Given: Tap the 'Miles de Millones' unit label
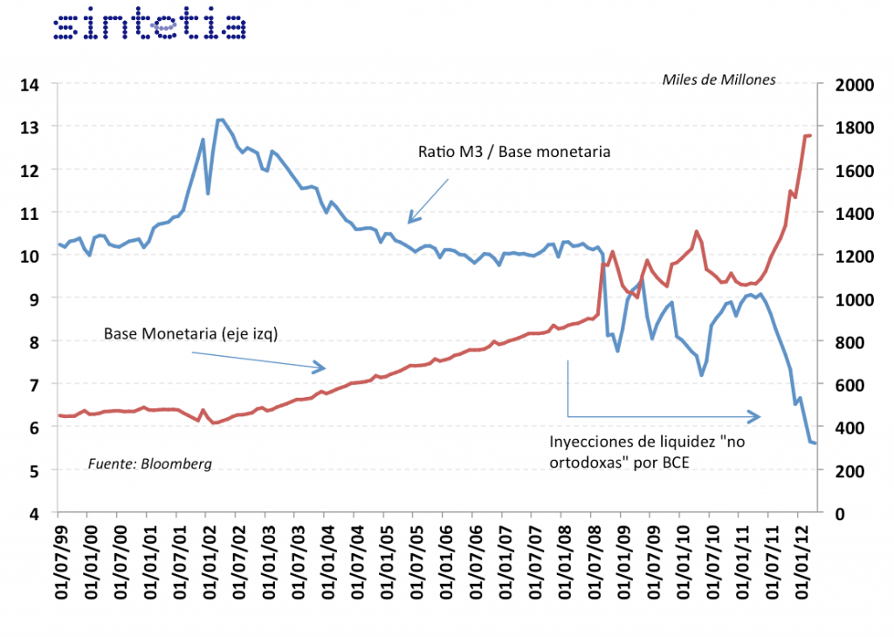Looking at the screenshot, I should [x=719, y=80].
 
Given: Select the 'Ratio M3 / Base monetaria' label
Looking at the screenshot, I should [x=513, y=151].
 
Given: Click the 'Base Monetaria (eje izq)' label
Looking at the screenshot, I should [x=190, y=333].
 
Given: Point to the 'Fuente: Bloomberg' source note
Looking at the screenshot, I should [x=149, y=463].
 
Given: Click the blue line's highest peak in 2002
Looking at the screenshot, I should [x=221, y=120].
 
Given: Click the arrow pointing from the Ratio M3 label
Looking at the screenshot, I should [x=427, y=200].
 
